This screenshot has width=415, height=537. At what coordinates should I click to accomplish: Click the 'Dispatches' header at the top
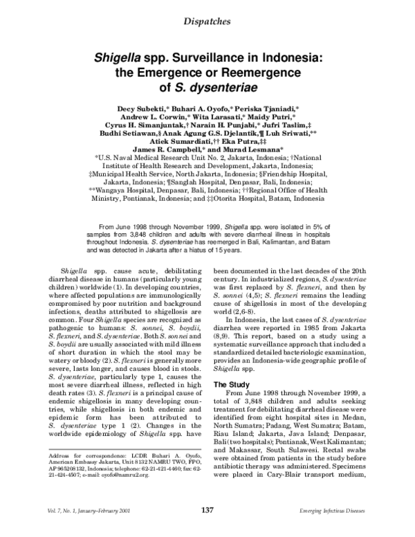[x=207, y=20]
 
